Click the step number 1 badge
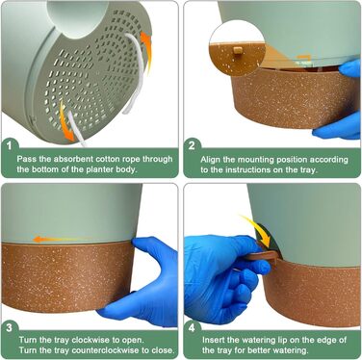pyautogui.click(x=10, y=146)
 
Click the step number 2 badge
pyautogui.click(x=192, y=146)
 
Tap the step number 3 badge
pyautogui.click(x=10, y=327)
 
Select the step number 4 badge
pyautogui.click(x=192, y=327)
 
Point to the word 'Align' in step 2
pyautogui.click(x=210, y=160)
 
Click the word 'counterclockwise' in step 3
pyautogui.click(x=98, y=350)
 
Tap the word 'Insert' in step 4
pyautogui.click(x=213, y=340)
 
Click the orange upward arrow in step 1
pyautogui.click(x=146, y=50)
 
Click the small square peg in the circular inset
pyautogui.click(x=238, y=50)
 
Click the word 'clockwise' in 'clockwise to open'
pyautogui.click(x=89, y=340)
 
